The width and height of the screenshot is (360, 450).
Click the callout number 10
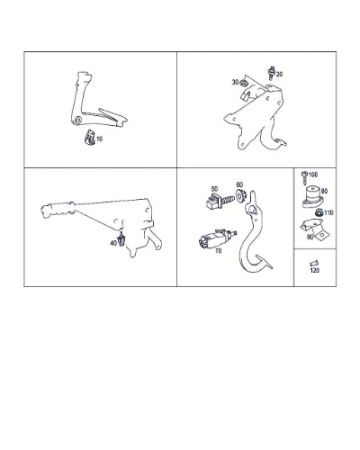pos(99,139)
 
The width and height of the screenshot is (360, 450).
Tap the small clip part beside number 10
pos(90,137)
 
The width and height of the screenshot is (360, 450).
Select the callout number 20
pos(279,74)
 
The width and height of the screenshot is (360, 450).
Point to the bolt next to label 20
pos(272,73)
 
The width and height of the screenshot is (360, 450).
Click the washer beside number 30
pos(244,82)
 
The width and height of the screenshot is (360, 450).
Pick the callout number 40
pos(113,243)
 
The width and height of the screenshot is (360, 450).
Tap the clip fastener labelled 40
pos(121,239)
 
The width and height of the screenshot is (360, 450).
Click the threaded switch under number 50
pos(219,201)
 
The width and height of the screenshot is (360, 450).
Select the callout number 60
pos(239,184)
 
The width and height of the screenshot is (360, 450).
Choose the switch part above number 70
pos(217,238)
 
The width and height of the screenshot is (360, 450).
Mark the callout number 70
pos(218,251)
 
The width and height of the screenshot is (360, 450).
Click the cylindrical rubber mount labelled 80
pos(312,197)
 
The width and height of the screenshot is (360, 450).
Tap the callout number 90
pos(310,237)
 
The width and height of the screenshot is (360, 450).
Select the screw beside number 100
pos(305,178)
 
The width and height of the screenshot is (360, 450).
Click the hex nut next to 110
pos(319,212)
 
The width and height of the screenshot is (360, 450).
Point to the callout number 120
pos(315,270)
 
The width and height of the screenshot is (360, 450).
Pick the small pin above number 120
pos(314,264)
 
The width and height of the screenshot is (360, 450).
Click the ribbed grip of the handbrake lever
pos(58,210)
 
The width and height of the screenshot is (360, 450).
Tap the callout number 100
pos(313,175)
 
